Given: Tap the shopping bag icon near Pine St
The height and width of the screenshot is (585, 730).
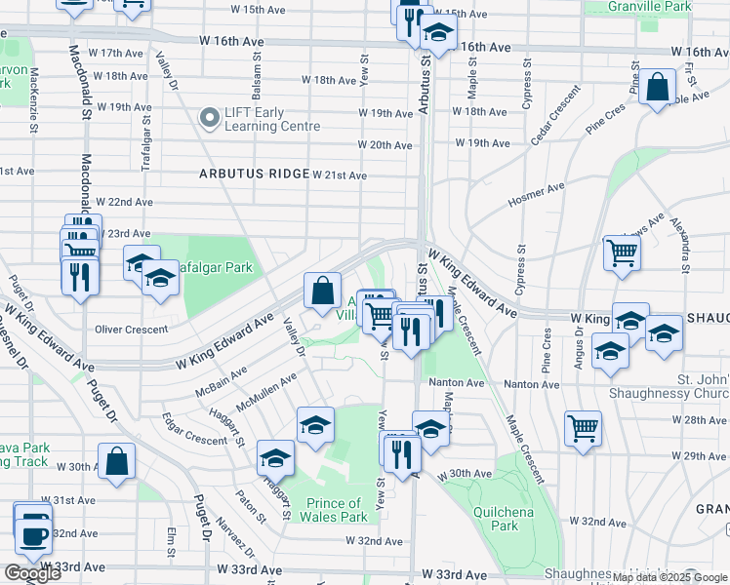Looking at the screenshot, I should pos(659,86).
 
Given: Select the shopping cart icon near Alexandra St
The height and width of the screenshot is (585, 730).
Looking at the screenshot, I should pos(622,253).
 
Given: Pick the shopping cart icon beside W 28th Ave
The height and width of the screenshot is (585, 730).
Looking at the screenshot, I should pos(583,428).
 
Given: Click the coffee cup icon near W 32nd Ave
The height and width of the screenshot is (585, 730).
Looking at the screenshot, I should pos(33,533).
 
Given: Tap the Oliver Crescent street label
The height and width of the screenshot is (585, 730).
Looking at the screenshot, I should pos(133,330).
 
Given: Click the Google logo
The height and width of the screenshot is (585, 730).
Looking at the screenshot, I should pos(32,573).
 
